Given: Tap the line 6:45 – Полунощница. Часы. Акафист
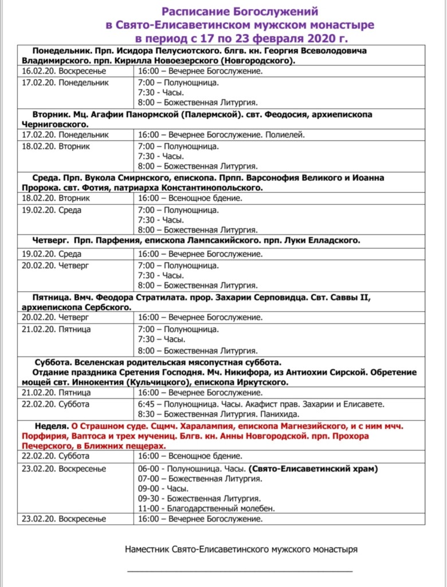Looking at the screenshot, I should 261,404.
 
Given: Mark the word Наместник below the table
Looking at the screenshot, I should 147,549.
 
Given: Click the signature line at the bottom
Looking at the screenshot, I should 240,571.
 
